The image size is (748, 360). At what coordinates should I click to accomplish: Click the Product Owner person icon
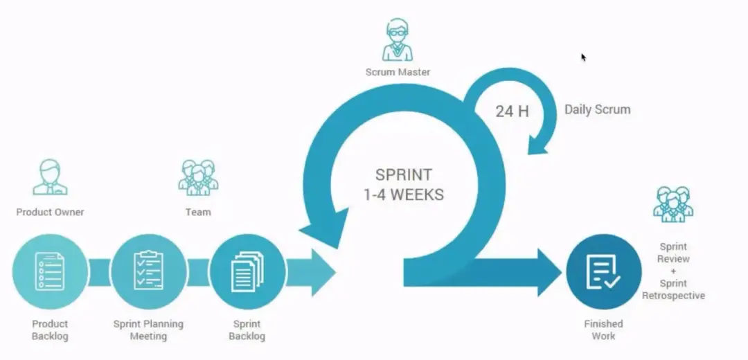click(x=50, y=177)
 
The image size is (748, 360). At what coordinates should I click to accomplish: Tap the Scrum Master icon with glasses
click(x=398, y=40)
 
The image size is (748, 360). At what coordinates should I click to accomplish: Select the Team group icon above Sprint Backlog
click(x=199, y=177)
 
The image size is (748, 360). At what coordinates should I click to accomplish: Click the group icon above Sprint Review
click(x=673, y=204)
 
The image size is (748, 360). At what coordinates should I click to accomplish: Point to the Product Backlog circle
click(x=50, y=272)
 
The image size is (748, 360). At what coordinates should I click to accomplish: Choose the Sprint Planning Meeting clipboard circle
click(x=149, y=272)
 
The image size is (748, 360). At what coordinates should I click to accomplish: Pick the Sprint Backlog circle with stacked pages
click(x=247, y=272)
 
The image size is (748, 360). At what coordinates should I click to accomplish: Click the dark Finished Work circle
click(x=604, y=272)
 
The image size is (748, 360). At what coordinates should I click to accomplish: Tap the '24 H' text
click(x=512, y=111)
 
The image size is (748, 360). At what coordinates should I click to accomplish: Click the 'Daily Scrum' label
click(x=597, y=109)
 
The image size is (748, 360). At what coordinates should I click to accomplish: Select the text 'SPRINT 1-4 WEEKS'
click(x=404, y=185)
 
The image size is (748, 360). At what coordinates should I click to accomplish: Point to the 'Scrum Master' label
click(x=398, y=72)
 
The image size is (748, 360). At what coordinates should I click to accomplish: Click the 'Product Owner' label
click(x=50, y=212)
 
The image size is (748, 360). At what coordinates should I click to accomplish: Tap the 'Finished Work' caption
click(x=603, y=330)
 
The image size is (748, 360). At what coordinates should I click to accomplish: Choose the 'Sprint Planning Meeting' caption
click(x=148, y=330)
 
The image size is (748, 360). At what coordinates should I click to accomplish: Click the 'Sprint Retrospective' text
click(x=673, y=289)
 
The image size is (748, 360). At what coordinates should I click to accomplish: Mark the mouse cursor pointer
click(x=583, y=57)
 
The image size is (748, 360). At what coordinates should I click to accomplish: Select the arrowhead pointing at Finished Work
click(x=549, y=272)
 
